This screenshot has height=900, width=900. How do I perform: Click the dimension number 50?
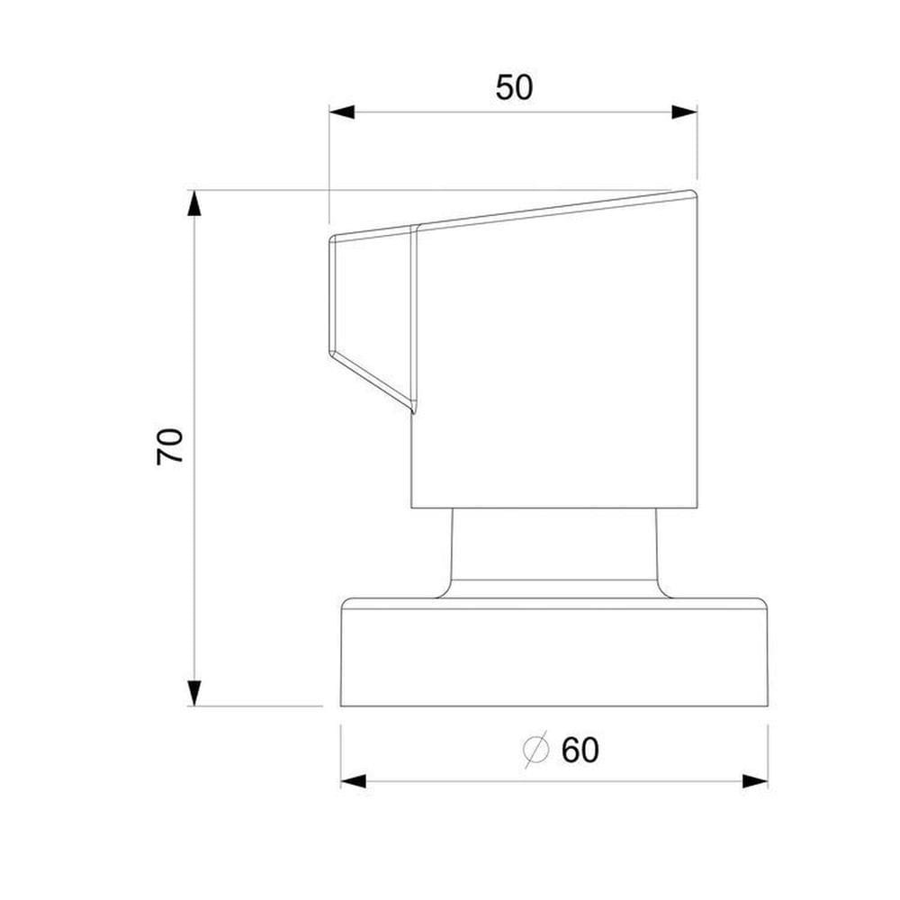[x=514, y=88]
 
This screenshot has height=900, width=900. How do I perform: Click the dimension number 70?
[x=170, y=446]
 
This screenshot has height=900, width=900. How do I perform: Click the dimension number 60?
[x=580, y=750]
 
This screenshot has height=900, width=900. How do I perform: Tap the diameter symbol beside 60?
[x=536, y=750]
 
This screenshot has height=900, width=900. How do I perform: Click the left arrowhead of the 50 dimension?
[x=342, y=112]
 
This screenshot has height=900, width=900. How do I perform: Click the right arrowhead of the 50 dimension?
[x=684, y=112]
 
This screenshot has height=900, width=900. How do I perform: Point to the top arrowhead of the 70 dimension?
[x=194, y=202]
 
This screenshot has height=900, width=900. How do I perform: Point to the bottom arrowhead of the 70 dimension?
[x=194, y=693]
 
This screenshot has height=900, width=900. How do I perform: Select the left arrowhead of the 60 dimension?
[x=354, y=781]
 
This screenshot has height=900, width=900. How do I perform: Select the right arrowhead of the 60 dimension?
[x=755, y=781]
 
